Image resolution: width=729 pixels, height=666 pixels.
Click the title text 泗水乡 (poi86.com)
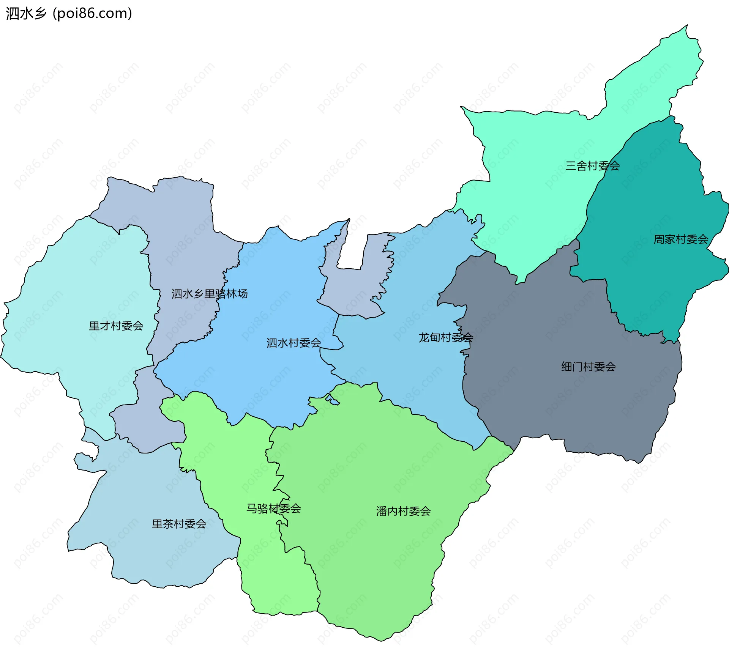[x=69, y=13]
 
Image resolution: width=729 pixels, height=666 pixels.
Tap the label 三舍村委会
[x=592, y=166]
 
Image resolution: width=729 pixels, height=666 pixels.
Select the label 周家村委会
[x=680, y=239]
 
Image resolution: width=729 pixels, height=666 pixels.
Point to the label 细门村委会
[x=589, y=367]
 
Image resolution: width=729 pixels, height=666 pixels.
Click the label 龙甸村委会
[x=445, y=337]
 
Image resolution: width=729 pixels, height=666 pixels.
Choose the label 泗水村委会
[x=293, y=343]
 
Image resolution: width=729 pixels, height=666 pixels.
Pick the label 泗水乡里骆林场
[x=210, y=294]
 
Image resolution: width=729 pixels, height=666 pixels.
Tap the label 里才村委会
[x=116, y=326]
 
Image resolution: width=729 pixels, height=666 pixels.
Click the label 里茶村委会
[x=179, y=524]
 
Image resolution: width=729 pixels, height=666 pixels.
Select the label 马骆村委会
[x=273, y=509]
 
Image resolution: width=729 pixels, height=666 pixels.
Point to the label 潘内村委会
[x=403, y=511]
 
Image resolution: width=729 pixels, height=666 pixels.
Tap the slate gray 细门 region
[x=551, y=398]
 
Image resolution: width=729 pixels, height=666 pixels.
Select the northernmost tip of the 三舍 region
[x=686, y=27]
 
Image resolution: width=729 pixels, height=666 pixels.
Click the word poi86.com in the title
[x=92, y=13]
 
